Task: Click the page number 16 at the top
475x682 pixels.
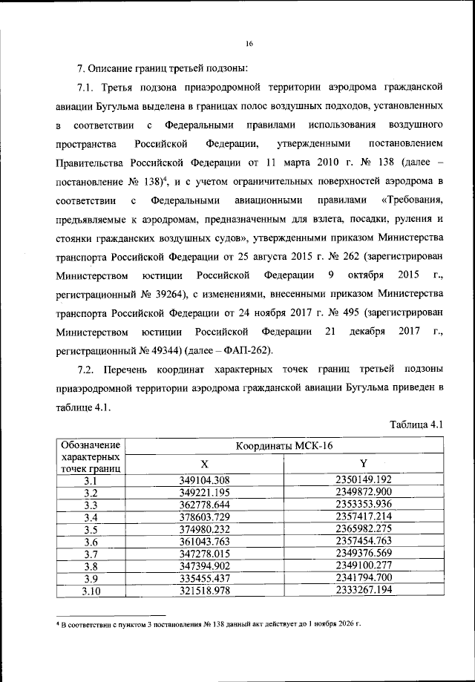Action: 249,44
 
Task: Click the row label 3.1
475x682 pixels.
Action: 91,480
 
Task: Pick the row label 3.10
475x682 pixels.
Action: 91,591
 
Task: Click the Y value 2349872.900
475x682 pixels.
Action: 363,492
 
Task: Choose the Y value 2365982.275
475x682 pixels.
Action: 363,529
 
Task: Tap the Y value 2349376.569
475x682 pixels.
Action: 363,554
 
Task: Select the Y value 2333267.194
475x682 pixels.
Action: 363,591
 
